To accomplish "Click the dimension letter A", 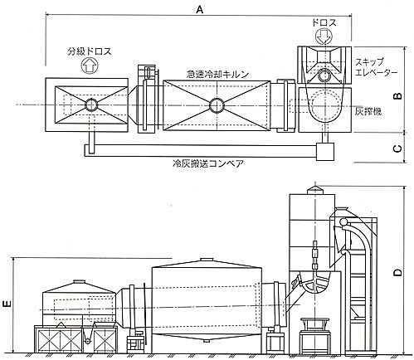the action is tap(199, 9).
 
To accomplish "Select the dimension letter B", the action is tap(397, 95).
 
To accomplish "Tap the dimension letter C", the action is tap(397, 148).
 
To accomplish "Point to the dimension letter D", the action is tap(397, 272).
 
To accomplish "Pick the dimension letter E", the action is tap(7, 304).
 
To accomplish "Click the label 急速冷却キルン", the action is tap(217, 74).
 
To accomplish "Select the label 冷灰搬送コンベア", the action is tap(208, 163).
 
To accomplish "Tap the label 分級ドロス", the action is tap(90, 51).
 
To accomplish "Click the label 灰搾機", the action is tap(368, 111).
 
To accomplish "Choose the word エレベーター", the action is tap(376, 73).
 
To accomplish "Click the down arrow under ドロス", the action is tap(323, 36).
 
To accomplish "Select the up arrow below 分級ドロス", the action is tap(90, 66).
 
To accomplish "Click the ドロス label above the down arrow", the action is tap(324, 22).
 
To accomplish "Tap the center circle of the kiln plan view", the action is tap(217, 105).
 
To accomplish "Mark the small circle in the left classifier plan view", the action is tap(91, 105).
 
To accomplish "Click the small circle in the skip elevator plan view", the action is tap(323, 75).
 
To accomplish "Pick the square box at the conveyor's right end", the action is tap(325, 151).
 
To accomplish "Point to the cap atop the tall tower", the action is tap(315, 190).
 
